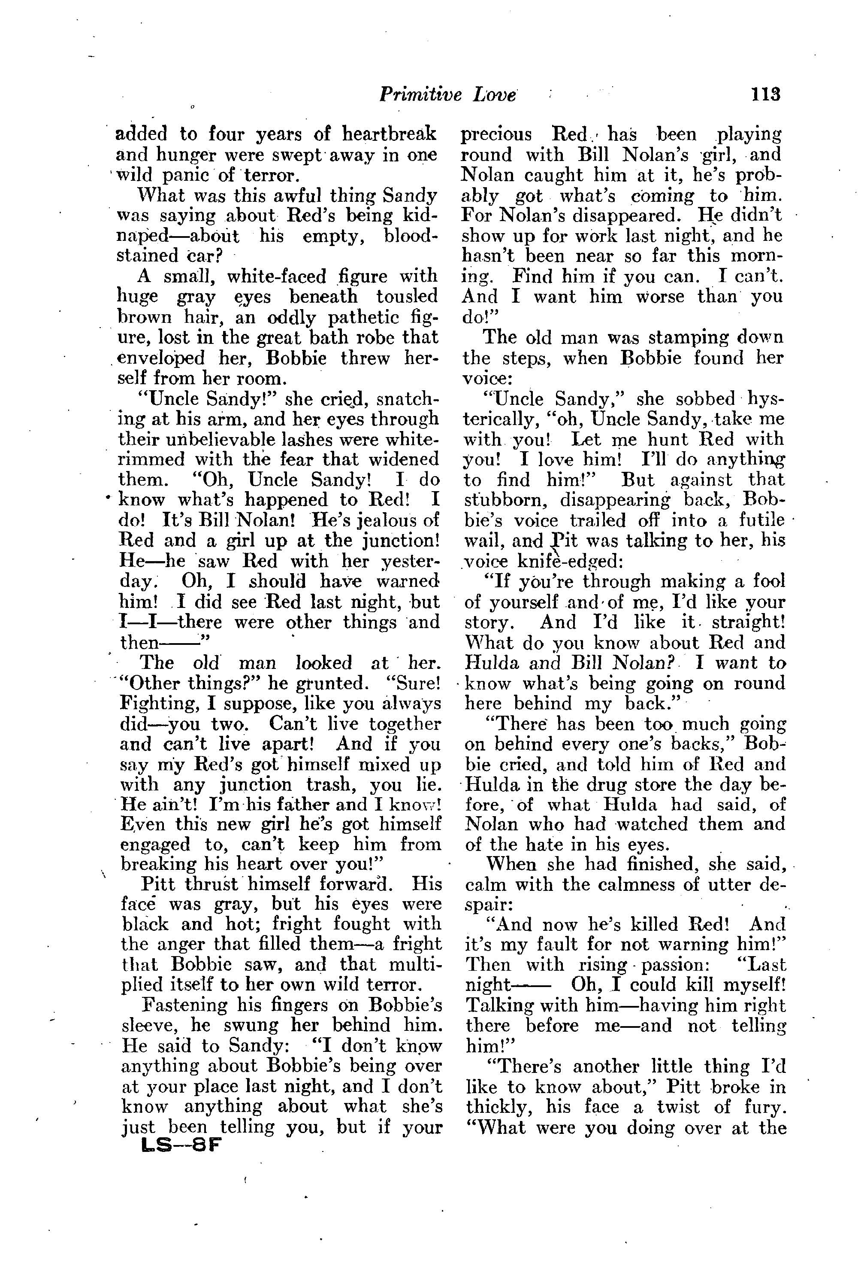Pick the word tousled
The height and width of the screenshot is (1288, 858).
pyautogui.click(x=407, y=297)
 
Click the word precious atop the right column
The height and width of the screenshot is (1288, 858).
pyautogui.click(x=497, y=134)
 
